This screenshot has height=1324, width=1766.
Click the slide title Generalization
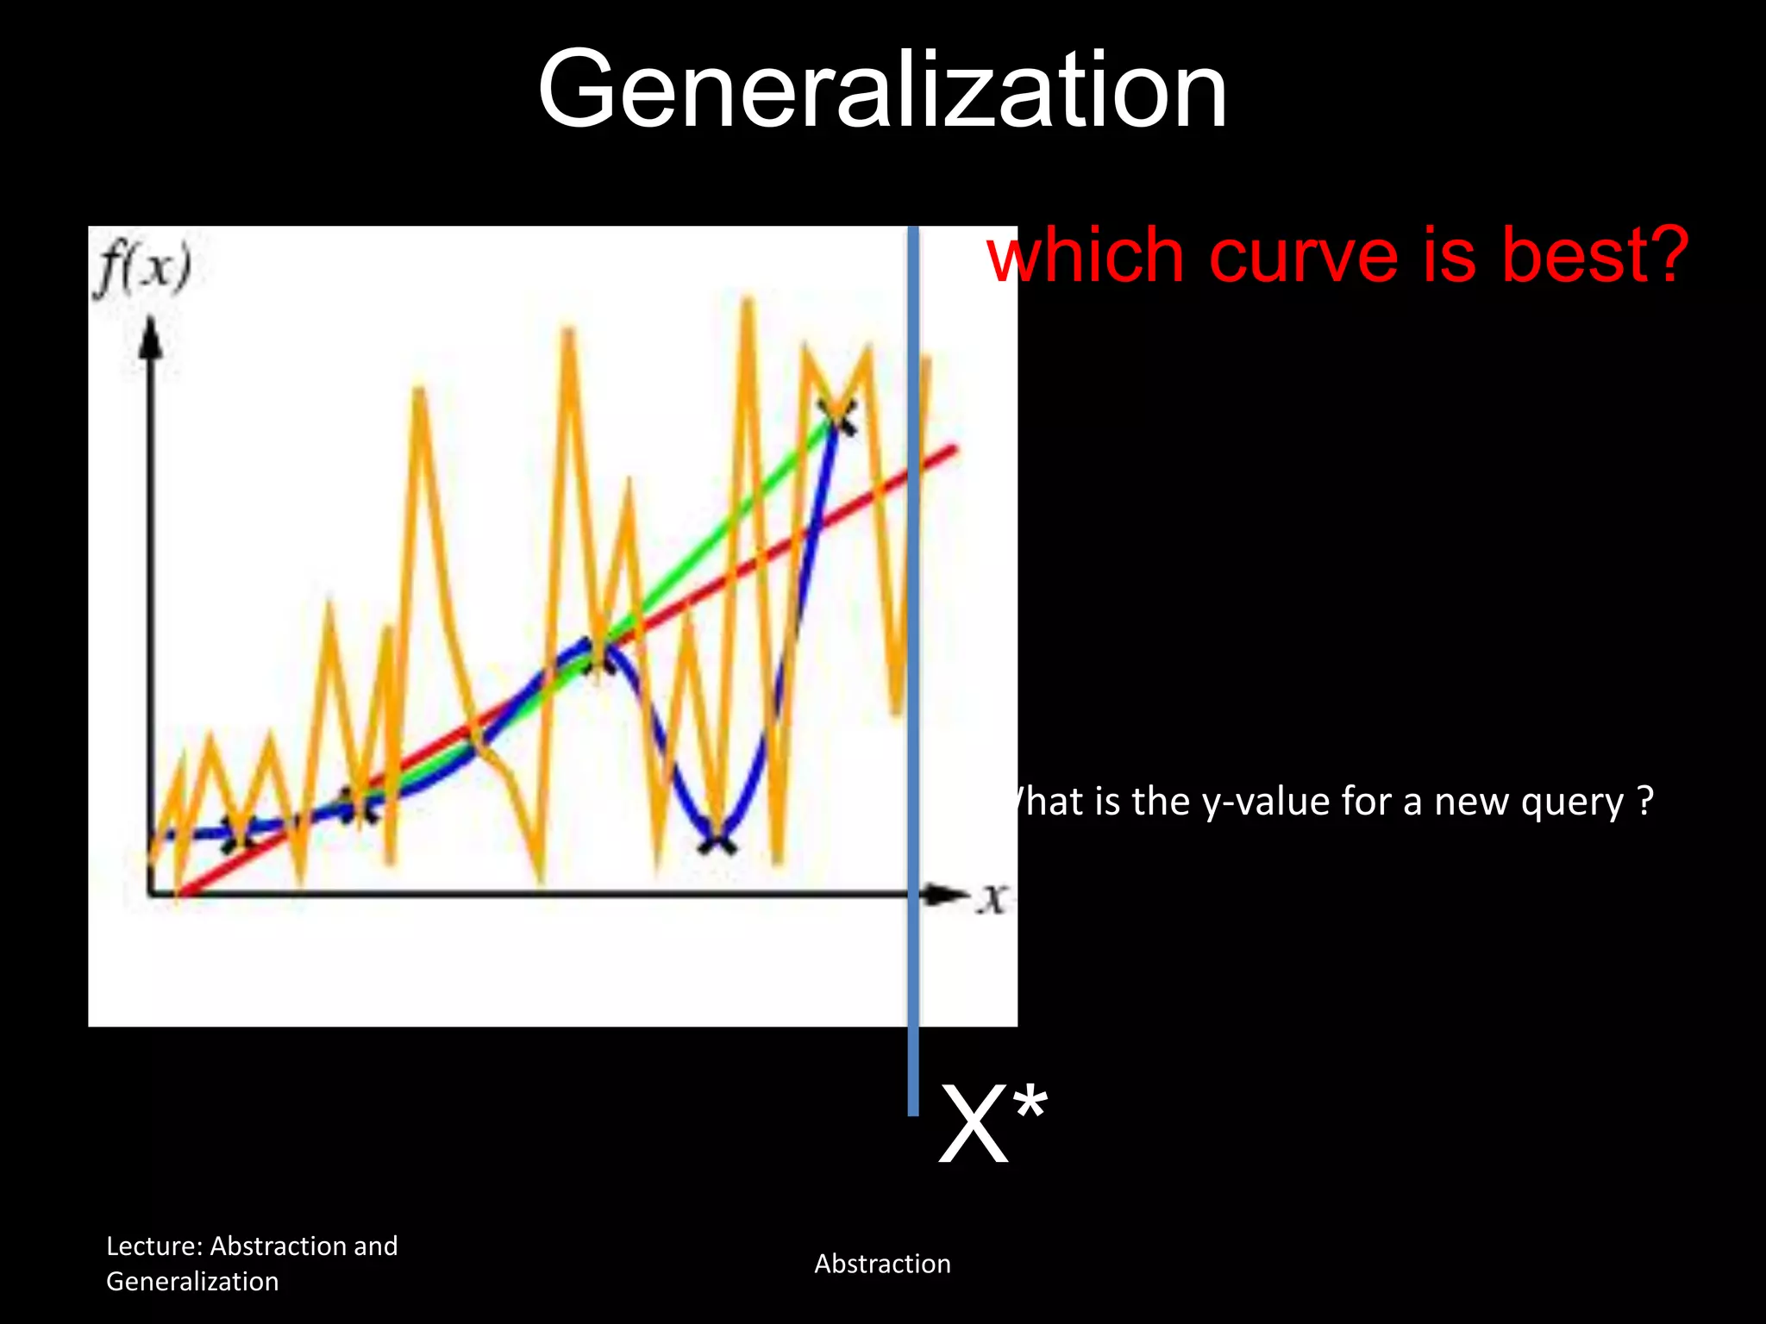pyautogui.click(x=881, y=91)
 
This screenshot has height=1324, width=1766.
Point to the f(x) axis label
pyautogui.click(x=143, y=269)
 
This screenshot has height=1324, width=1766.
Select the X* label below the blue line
pyautogui.click(x=992, y=1125)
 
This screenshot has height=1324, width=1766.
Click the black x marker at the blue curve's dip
pyautogui.click(x=717, y=839)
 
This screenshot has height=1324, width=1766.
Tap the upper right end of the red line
pyautogui.click(x=953, y=448)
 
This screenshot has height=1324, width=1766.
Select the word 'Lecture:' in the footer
pyautogui.click(x=154, y=1246)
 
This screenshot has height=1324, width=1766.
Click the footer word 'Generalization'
pyautogui.click(x=192, y=1282)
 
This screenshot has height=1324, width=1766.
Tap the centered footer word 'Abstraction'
pyautogui.click(x=882, y=1264)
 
